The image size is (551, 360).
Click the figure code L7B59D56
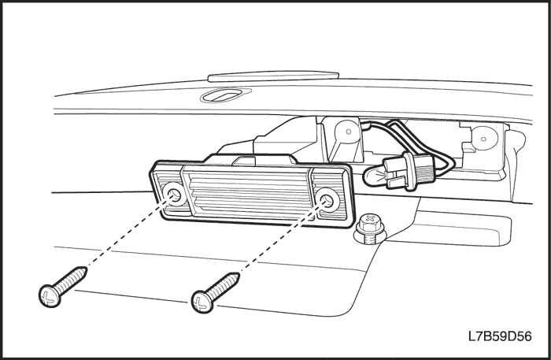coord(500,336)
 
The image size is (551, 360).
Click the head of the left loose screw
coord(50,296)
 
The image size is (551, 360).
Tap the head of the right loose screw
coord(202,302)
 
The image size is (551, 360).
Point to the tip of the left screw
coord(87,269)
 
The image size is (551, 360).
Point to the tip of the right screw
coord(239,273)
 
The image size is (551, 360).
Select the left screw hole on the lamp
coord(174,193)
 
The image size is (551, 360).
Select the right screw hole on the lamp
coord(327,199)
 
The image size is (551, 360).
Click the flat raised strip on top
coord(273,76)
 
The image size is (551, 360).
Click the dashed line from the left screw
coord(128,232)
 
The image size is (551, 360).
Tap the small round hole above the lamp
coord(349,132)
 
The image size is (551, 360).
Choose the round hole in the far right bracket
coord(484,138)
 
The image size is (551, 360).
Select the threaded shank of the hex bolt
coord(371,239)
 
